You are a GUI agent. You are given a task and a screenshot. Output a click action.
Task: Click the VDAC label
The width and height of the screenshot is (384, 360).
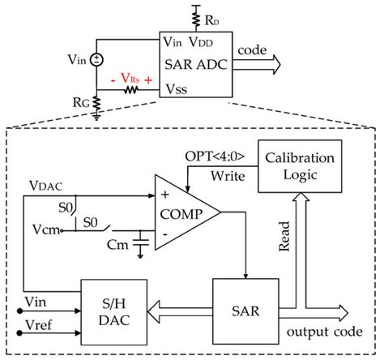(x=43, y=186)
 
